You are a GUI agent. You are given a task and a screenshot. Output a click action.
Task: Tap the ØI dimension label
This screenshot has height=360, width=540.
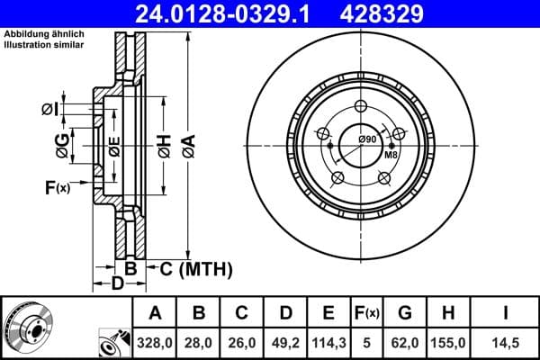(50, 110)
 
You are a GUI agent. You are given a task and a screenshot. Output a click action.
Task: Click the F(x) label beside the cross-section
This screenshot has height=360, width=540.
(57, 187)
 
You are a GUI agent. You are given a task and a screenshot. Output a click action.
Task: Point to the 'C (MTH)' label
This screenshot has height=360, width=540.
(195, 268)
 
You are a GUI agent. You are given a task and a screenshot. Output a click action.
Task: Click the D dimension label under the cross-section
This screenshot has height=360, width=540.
(117, 284)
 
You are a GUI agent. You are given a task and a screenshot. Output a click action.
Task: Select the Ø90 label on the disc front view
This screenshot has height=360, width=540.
(366, 139)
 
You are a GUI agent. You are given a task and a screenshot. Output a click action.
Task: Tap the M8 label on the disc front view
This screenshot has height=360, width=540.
(391, 155)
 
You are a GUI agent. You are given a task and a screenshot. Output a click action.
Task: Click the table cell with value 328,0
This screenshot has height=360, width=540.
(155, 343)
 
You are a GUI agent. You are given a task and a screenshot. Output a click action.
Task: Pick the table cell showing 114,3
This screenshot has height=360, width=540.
(328, 343)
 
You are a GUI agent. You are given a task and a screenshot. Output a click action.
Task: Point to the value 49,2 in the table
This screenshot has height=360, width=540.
(284, 343)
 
